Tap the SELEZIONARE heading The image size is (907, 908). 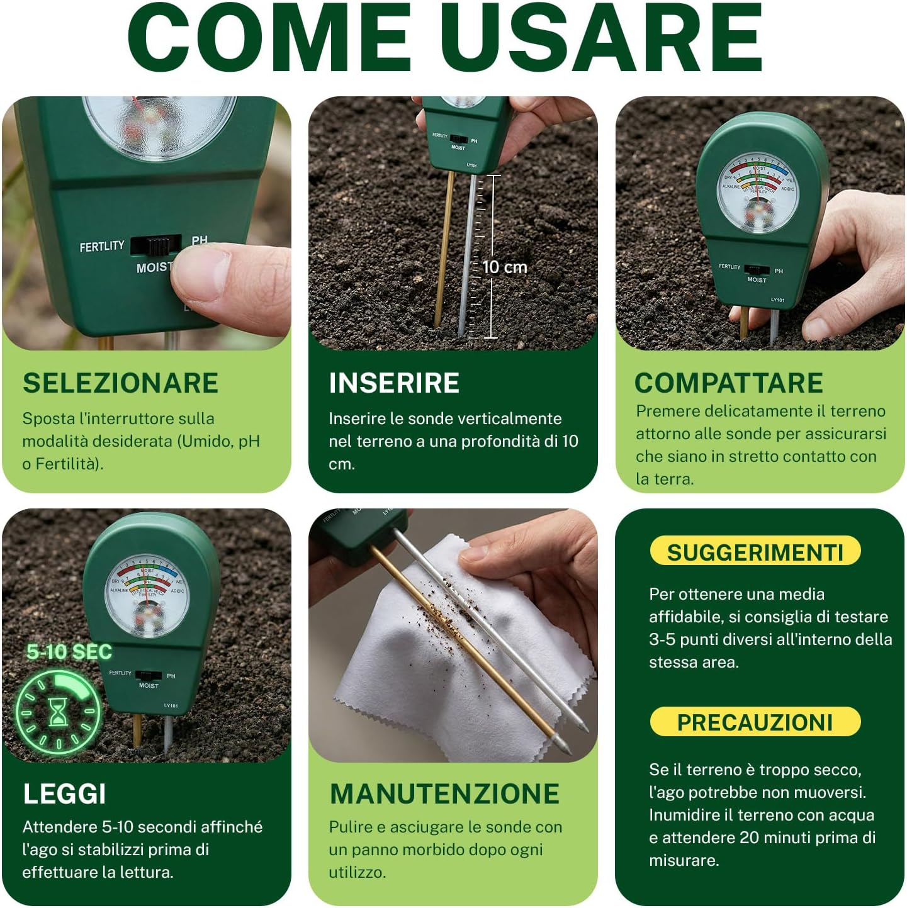coord(120,383)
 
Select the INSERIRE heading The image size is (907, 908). coord(394,383)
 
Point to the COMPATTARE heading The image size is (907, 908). coord(728,383)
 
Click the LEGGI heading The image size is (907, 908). coord(64,794)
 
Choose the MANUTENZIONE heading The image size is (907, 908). coord(444,794)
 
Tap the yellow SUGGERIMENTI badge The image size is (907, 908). coord(755,552)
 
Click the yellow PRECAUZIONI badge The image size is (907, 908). coord(755,722)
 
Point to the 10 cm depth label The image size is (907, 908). coord(505,267)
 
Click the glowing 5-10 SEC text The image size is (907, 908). coord(69,652)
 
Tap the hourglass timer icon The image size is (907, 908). coord(58,712)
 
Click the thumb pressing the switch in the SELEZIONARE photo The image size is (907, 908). coord(220,277)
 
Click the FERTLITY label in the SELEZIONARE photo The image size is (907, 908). coord(102,247)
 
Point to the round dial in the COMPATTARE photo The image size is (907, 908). coord(759,193)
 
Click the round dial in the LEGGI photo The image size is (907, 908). coord(146,596)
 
